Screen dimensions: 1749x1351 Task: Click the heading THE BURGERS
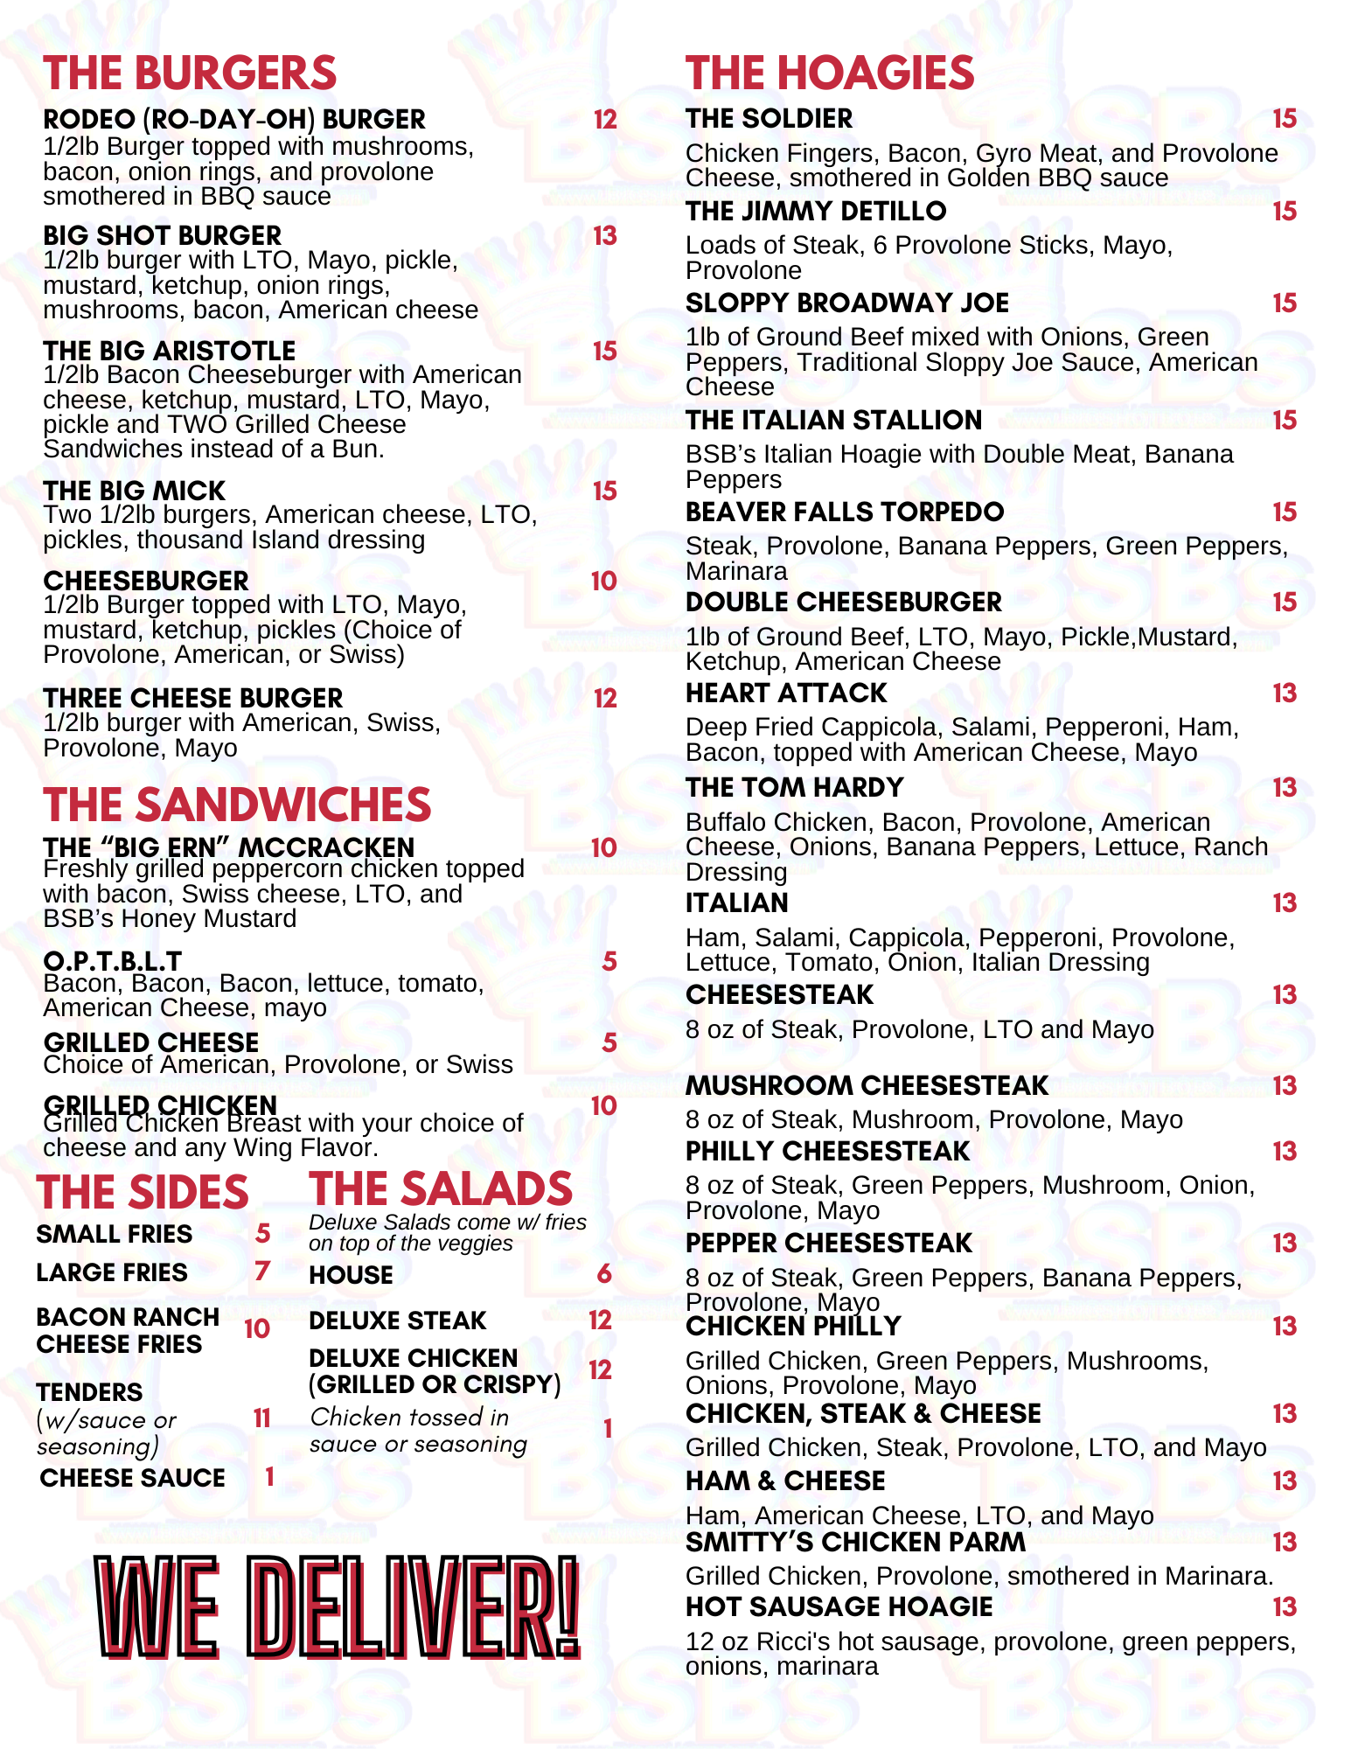tap(190, 73)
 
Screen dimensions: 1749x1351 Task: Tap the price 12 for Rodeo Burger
tap(605, 120)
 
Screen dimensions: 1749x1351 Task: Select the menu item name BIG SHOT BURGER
tap(163, 235)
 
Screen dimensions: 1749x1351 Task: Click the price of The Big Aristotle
tap(605, 352)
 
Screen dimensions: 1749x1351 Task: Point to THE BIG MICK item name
tap(135, 491)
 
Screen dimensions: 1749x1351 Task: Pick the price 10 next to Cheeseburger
tap(604, 582)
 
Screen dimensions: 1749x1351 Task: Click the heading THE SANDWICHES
tap(237, 805)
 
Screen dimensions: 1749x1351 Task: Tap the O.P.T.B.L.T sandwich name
tap(113, 961)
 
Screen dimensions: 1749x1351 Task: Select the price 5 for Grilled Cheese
tap(609, 1042)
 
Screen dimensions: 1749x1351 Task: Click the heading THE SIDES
tap(143, 1193)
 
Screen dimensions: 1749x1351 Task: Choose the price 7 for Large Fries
tap(262, 1271)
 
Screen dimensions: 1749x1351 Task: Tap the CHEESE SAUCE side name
tap(133, 1478)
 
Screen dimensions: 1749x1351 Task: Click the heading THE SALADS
tap(441, 1189)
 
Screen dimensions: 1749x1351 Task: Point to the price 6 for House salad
tap(604, 1274)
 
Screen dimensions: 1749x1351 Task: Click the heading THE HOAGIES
tap(830, 73)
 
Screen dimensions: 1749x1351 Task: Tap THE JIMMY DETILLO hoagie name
tap(816, 211)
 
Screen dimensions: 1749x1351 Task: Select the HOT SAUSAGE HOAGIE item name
tap(839, 1607)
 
